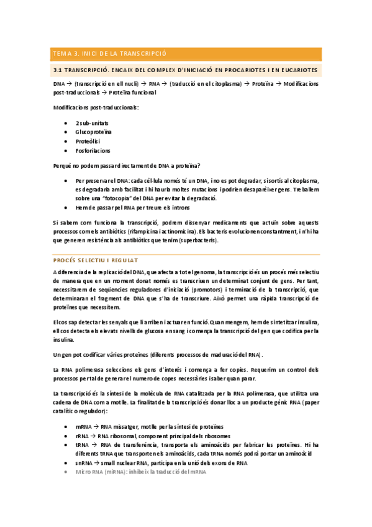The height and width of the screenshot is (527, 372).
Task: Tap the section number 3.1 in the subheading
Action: pos(59,70)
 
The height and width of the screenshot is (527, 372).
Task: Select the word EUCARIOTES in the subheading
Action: pos(295,70)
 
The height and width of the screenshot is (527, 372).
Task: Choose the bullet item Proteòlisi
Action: pos(88,141)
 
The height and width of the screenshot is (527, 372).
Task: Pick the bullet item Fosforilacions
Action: pos(93,150)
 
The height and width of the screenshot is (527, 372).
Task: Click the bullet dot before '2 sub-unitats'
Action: pos(66,123)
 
